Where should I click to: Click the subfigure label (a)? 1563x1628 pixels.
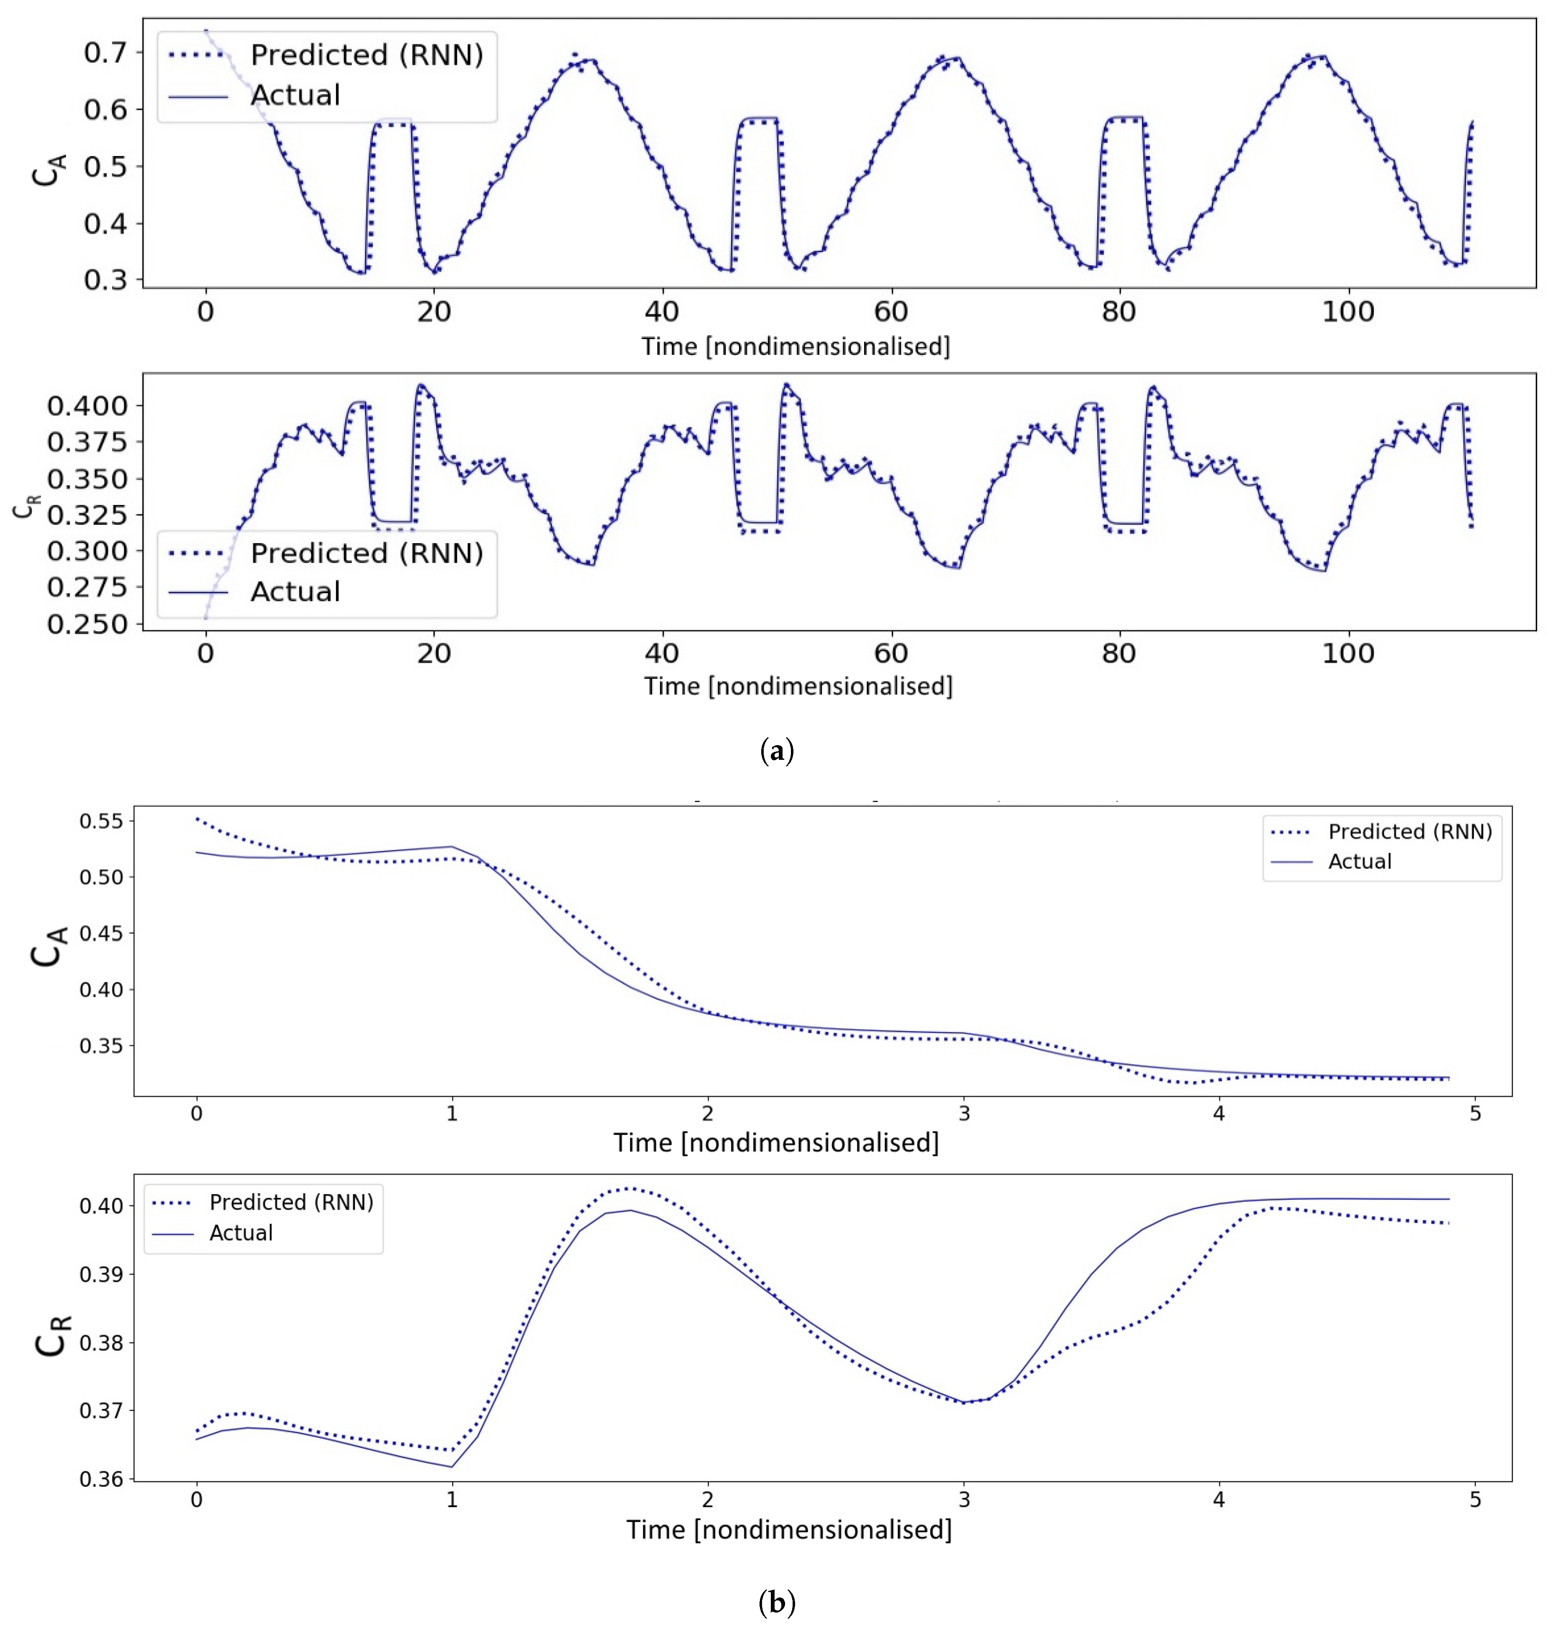coord(777,752)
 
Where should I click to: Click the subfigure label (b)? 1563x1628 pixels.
coord(777,1602)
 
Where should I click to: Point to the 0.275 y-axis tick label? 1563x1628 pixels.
coord(87,587)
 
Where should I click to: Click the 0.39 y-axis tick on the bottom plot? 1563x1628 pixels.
coord(100,1274)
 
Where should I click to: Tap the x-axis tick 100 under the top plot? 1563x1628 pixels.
coord(1348,312)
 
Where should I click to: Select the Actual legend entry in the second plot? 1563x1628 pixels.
coord(295,591)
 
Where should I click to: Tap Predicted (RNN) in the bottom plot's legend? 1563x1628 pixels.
coord(291,1202)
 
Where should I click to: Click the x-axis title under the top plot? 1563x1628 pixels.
coord(795,346)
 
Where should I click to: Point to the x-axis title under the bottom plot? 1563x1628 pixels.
coord(788,1530)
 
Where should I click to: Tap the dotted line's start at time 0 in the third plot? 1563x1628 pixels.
coord(197,818)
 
